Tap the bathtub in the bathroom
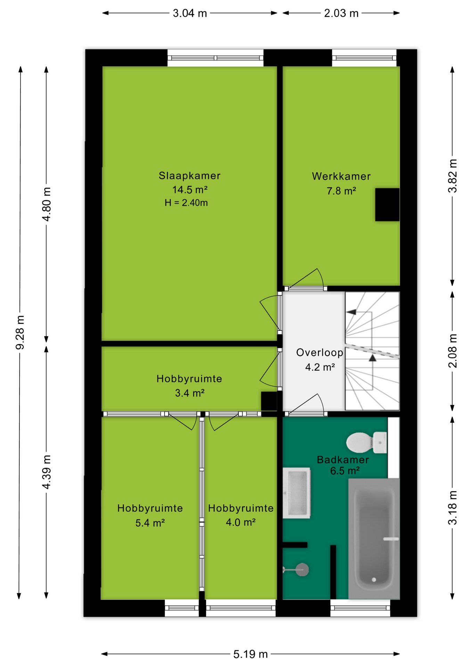tap(374, 538)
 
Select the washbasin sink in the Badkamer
tap(296, 493)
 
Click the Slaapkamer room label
tap(190, 176)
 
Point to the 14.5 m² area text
tap(190, 190)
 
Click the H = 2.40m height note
tap(186, 203)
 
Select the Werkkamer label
tap(341, 176)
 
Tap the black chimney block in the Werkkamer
tap(387, 205)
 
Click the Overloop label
tap(320, 353)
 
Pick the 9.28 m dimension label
tap(20, 332)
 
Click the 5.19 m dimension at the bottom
tap(251, 654)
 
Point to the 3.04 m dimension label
tap(190, 13)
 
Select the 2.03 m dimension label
tap(341, 13)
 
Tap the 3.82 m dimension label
tap(453, 176)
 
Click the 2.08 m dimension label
tap(453, 351)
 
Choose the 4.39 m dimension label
tap(47, 472)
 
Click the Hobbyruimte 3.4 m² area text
tap(190, 393)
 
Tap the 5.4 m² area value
tap(150, 523)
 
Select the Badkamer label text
tap(343, 460)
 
